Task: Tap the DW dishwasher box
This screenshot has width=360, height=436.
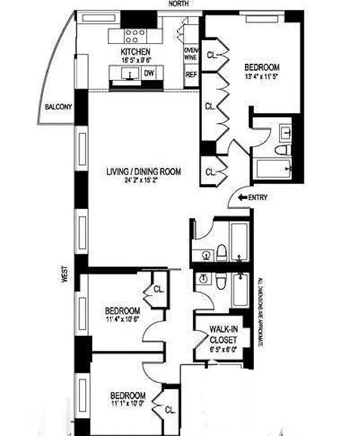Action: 149,73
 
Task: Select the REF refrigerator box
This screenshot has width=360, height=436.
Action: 191,75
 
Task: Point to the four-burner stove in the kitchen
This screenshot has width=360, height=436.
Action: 134,36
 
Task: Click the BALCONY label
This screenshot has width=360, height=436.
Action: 58,107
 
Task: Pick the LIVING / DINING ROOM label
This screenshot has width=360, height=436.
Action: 143,172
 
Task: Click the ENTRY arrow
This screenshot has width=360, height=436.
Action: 243,198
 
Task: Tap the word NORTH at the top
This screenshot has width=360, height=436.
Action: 179,4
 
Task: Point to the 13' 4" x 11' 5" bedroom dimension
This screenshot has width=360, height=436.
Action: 262,76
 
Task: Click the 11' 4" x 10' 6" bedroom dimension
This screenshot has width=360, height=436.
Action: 122,319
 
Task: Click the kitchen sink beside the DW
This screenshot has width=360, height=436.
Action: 130,72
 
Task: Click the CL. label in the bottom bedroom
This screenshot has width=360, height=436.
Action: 170,409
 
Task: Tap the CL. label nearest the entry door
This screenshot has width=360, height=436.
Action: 211,172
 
